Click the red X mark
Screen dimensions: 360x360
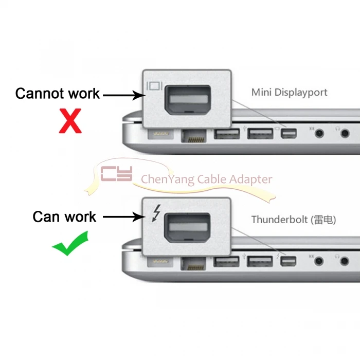[71, 121]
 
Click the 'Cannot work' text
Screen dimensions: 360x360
[57, 94]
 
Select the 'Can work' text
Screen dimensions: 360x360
[64, 217]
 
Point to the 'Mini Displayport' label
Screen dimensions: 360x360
[289, 93]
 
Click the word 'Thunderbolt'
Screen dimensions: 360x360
[278, 220]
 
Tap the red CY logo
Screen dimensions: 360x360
[116, 174]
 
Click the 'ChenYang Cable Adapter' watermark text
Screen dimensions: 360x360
[206, 179]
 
